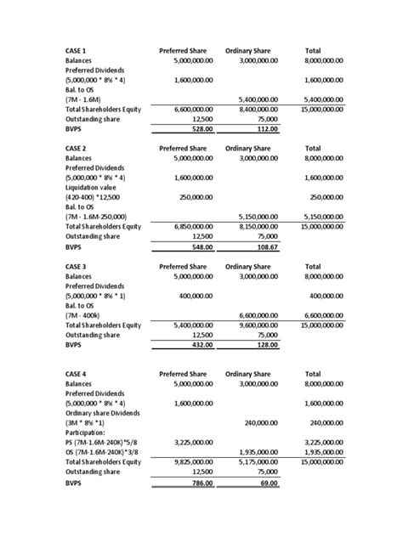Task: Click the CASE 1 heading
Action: [77, 52]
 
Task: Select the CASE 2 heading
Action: [77, 148]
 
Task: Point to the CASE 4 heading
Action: [77, 374]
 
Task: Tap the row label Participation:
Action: [88, 432]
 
